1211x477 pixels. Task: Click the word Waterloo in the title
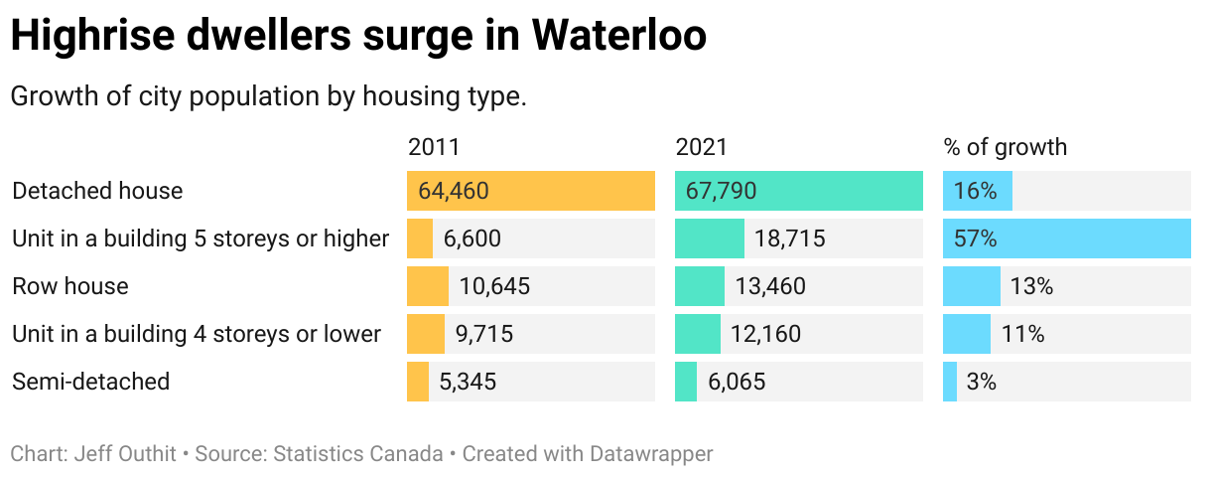[x=618, y=37]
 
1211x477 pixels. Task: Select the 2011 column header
[x=434, y=147]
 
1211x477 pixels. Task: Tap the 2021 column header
[x=702, y=147]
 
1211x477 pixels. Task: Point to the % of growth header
[x=1005, y=147]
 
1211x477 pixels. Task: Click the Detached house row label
[x=97, y=191]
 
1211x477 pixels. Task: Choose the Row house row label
[x=70, y=286]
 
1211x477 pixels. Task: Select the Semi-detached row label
[x=90, y=382]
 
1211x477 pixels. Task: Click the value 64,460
[x=454, y=191]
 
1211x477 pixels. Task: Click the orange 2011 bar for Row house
[x=428, y=286]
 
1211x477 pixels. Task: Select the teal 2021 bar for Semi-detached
[x=686, y=382]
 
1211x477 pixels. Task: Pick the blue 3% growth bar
[x=950, y=382]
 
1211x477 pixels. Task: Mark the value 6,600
[x=472, y=238]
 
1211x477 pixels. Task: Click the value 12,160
[x=765, y=334]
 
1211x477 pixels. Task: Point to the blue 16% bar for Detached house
[x=978, y=191]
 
